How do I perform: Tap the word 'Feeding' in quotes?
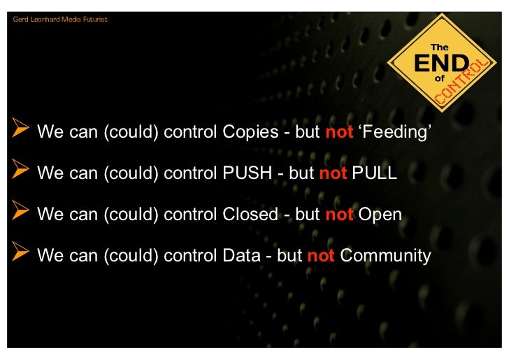pos(392,132)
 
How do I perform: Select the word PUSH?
pos(247,173)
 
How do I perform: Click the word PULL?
pos(374,173)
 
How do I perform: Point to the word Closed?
pos(250,214)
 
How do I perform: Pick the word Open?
pos(380,214)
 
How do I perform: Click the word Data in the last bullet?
pos(241,255)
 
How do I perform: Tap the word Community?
pos(385,255)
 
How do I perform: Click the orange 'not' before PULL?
pos(333,173)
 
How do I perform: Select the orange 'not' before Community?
pos(321,255)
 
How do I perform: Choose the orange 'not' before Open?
pos(339,214)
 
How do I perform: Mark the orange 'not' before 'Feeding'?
pos(339,132)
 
